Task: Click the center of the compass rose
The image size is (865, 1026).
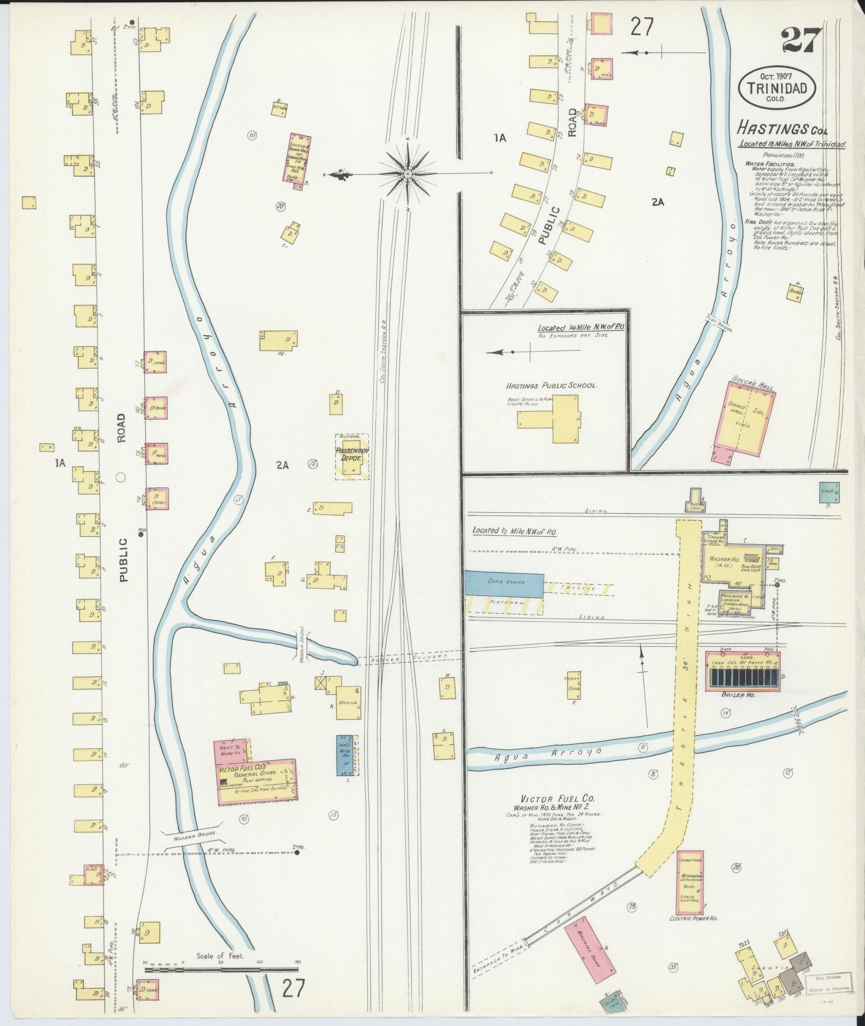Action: click(x=408, y=174)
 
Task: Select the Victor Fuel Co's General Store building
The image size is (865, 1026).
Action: click(x=256, y=781)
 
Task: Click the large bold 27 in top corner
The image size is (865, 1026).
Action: click(x=801, y=39)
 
